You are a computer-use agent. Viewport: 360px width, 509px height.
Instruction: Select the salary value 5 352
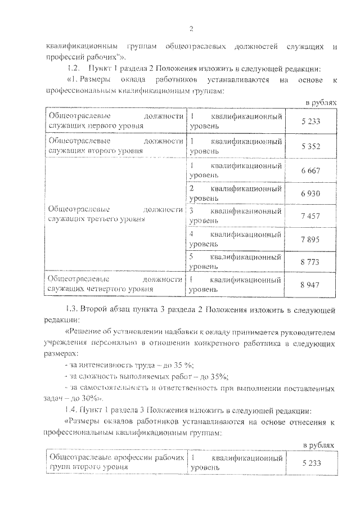(310, 146)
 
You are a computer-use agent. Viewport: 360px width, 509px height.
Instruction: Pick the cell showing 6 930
(310, 193)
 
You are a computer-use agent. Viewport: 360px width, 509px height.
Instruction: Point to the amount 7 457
(310, 216)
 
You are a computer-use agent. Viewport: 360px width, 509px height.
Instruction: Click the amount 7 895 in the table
(310, 239)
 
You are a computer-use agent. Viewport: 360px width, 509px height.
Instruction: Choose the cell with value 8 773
(310, 262)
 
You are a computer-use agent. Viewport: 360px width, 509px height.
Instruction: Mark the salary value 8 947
(310, 285)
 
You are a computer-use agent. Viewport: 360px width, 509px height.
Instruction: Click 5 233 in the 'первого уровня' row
(310, 121)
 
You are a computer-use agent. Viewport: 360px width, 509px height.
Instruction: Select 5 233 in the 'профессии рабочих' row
(310, 462)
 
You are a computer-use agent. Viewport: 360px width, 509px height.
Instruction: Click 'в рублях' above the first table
(321, 103)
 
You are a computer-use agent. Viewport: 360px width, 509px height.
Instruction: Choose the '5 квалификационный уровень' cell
(235, 262)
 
